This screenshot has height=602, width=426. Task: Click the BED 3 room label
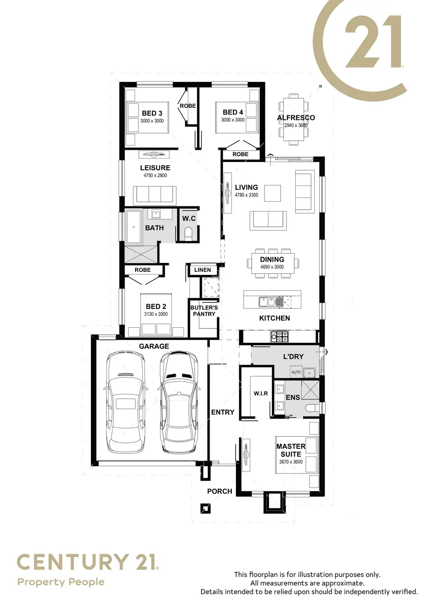[x=152, y=113]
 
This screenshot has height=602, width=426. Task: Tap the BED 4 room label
[x=233, y=112]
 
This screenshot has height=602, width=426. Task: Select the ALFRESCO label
[x=296, y=118]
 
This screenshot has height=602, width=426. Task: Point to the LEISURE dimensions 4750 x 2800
[x=155, y=175]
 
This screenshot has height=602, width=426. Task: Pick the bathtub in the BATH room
[x=134, y=227]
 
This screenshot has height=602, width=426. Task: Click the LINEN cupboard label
[x=202, y=270]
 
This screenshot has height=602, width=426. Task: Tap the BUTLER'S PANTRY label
[x=204, y=311]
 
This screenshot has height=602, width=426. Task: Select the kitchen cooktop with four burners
[x=279, y=337]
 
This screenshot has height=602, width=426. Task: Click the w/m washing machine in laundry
[x=296, y=372]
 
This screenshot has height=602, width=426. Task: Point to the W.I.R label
[x=261, y=394]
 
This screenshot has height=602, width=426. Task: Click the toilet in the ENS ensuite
[x=312, y=408]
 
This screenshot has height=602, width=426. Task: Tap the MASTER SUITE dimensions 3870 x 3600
[x=291, y=462]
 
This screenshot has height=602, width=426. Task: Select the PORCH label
[x=219, y=491]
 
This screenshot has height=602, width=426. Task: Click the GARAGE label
[x=154, y=346]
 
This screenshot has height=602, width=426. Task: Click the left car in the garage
[x=125, y=402]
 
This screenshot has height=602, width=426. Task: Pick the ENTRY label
[x=223, y=412]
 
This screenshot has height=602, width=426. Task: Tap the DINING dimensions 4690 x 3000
[x=272, y=267]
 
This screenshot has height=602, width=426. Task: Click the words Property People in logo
[x=61, y=582]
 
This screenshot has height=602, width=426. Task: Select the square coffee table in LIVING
[x=273, y=193]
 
